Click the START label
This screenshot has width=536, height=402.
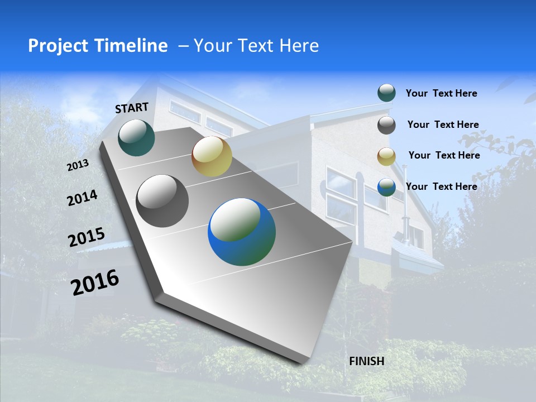(132, 108)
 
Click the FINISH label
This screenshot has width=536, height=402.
(366, 361)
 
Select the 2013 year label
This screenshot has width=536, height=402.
(78, 165)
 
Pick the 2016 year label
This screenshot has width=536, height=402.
(95, 283)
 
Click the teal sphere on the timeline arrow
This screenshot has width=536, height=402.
(136, 138)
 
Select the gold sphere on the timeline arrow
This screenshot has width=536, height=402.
(212, 156)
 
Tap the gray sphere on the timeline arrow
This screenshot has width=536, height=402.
(162, 201)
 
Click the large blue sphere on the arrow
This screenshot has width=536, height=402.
(242, 232)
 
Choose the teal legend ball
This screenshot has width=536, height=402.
(386, 93)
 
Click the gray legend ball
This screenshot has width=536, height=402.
(386, 125)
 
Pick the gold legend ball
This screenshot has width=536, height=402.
(386, 156)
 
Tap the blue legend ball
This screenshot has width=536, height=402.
(386, 187)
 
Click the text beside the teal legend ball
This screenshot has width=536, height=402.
(441, 93)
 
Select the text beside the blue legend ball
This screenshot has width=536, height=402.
(441, 186)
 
